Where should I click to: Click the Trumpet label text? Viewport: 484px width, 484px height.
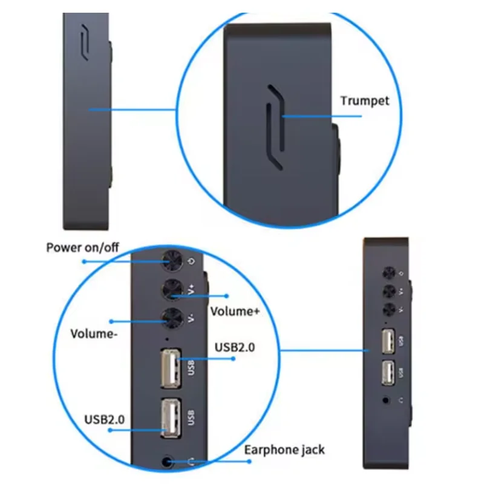(364, 100)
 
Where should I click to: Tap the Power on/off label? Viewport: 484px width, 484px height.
(83, 248)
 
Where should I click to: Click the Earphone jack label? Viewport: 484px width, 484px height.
(284, 450)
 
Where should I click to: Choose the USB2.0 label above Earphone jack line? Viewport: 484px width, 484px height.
(106, 417)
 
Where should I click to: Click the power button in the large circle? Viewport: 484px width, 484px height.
(173, 261)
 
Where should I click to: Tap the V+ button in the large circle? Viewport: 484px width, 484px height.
(174, 291)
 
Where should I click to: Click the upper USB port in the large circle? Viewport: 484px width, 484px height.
(171, 368)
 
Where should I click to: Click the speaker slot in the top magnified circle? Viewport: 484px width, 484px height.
(275, 126)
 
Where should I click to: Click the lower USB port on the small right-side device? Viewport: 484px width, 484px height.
(387, 371)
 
